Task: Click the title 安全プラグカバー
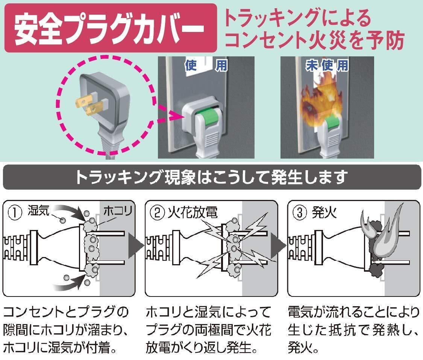click(x=110, y=29)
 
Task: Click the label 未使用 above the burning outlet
click(x=327, y=66)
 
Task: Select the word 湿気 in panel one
click(x=39, y=212)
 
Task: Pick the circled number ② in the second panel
click(x=156, y=213)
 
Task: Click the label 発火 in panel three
click(x=324, y=213)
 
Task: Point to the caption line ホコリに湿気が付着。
click(x=59, y=346)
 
